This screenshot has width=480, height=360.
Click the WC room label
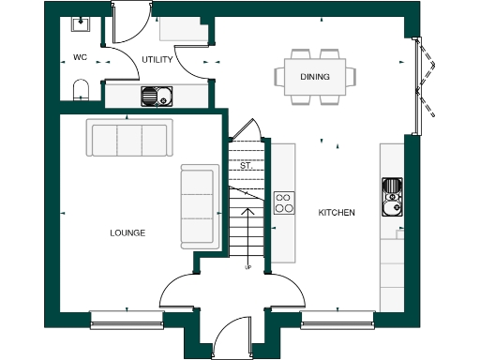[x=80, y=58]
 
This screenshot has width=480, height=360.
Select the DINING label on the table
[x=314, y=76]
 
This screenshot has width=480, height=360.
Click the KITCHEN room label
[x=337, y=213]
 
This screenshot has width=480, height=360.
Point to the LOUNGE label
[x=127, y=232]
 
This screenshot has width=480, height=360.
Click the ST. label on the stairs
[x=247, y=166]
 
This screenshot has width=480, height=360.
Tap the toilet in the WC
[x=81, y=90]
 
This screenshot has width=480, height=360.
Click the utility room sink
[x=156, y=95]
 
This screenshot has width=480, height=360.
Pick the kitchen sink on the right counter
[x=391, y=194]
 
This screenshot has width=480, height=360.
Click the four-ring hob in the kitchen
[x=284, y=203]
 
